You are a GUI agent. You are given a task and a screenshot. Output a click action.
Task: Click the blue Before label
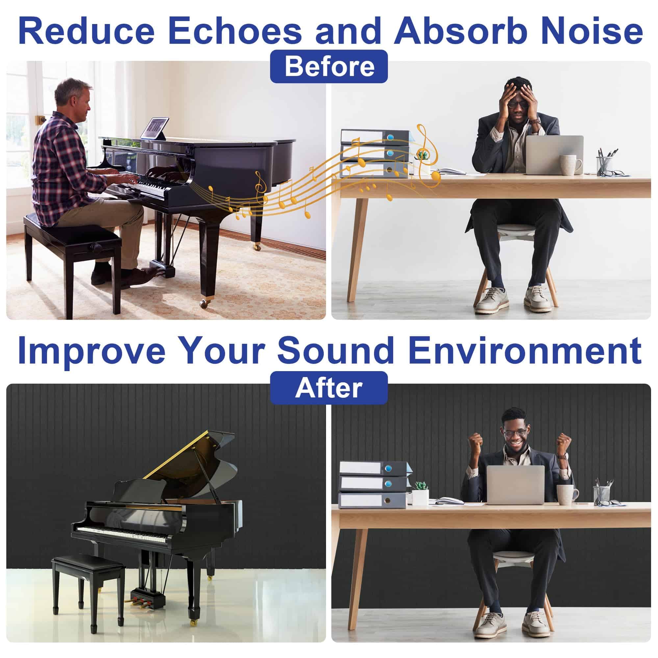[329, 66]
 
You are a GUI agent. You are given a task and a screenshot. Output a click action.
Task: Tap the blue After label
[329, 388]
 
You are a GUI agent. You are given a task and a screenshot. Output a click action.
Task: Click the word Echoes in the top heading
[235, 31]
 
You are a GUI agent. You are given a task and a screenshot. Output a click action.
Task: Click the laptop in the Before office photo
[554, 155]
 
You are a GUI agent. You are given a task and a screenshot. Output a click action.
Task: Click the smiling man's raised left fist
[564, 443]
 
